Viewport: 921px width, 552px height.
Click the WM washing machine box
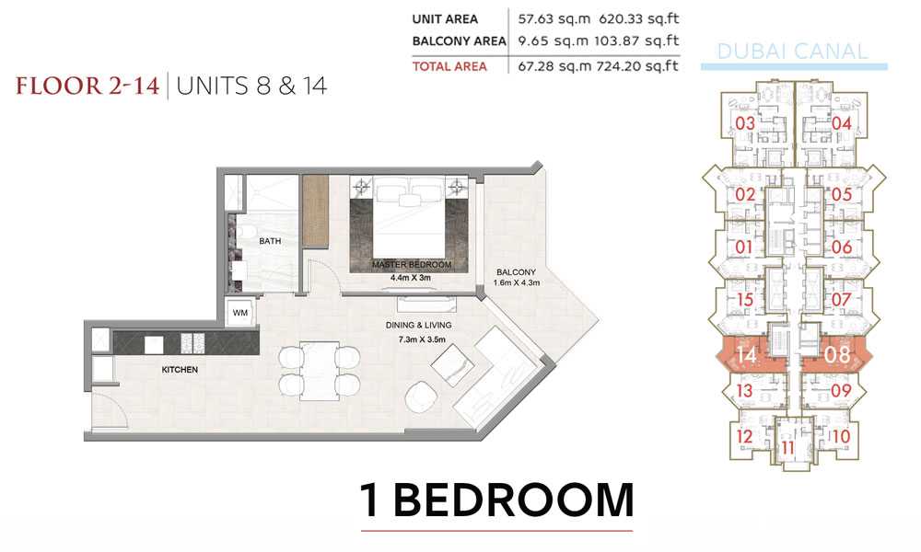tap(240, 312)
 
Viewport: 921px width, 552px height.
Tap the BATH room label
tap(270, 241)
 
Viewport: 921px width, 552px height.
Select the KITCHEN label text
tap(180, 370)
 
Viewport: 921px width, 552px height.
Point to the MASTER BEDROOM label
tap(411, 265)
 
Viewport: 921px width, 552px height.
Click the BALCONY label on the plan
tap(516, 272)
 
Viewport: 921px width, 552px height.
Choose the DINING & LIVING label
tap(418, 325)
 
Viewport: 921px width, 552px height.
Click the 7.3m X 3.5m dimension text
tap(422, 339)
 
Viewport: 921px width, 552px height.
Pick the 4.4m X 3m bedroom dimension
tap(410, 278)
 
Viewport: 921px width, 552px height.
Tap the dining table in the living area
tap(320, 371)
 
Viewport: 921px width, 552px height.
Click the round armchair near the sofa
tap(421, 397)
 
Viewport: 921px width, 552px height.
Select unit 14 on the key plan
tap(746, 354)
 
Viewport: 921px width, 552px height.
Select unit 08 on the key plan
tap(836, 354)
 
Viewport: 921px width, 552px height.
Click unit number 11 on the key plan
tap(787, 449)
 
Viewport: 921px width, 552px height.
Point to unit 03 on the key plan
tap(745, 123)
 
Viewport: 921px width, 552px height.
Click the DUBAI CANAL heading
tap(792, 52)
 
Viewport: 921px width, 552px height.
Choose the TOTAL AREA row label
tap(449, 66)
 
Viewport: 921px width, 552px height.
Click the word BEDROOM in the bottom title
tap(513, 500)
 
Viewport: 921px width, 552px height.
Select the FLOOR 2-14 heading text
tap(87, 86)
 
